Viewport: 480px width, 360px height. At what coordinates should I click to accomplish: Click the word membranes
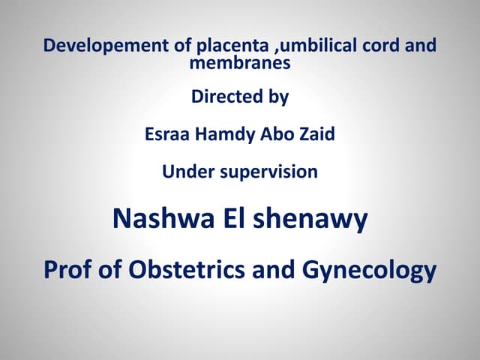click(239, 64)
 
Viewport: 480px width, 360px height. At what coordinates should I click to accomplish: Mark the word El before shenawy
click(229, 219)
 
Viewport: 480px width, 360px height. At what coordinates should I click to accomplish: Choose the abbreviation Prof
click(68, 268)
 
